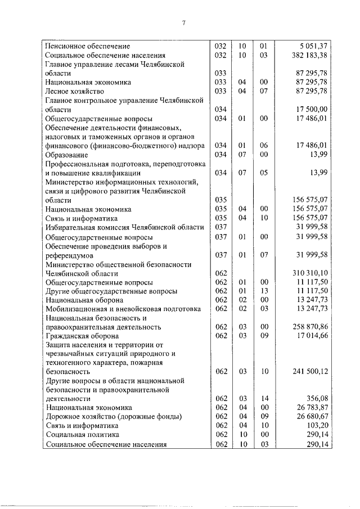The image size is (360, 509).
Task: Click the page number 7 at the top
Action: (183, 22)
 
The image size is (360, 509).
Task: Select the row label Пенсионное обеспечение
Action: (88, 46)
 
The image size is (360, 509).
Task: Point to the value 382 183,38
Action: (307, 55)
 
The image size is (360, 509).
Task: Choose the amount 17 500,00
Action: (309, 109)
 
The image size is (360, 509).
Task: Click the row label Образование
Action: (66, 155)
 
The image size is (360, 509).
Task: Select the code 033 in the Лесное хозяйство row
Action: (220, 91)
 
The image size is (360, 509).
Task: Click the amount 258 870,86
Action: (307, 327)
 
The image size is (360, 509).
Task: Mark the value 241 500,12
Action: (307, 372)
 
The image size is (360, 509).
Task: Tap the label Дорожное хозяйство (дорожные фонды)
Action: (114, 417)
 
